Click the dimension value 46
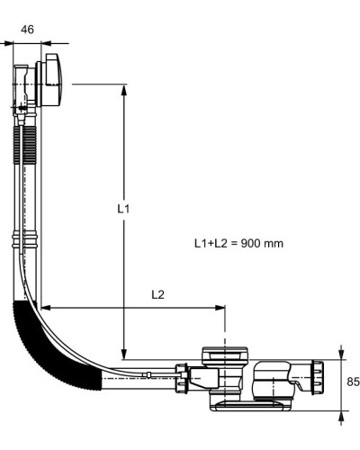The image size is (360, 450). pyautogui.click(x=27, y=30)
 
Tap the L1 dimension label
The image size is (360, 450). pyautogui.click(x=123, y=209)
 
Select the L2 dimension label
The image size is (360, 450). pyautogui.click(x=157, y=295)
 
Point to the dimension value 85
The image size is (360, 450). pyautogui.click(x=353, y=382)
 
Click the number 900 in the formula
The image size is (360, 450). pyautogui.click(x=250, y=243)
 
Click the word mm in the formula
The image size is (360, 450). pyautogui.click(x=273, y=244)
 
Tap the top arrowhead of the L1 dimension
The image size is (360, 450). pyautogui.click(x=123, y=89)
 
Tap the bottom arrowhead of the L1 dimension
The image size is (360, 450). pyautogui.click(x=123, y=354)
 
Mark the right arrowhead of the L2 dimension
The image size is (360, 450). pyautogui.click(x=220, y=308)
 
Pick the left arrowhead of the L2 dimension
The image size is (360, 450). pyautogui.click(x=46, y=308)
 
